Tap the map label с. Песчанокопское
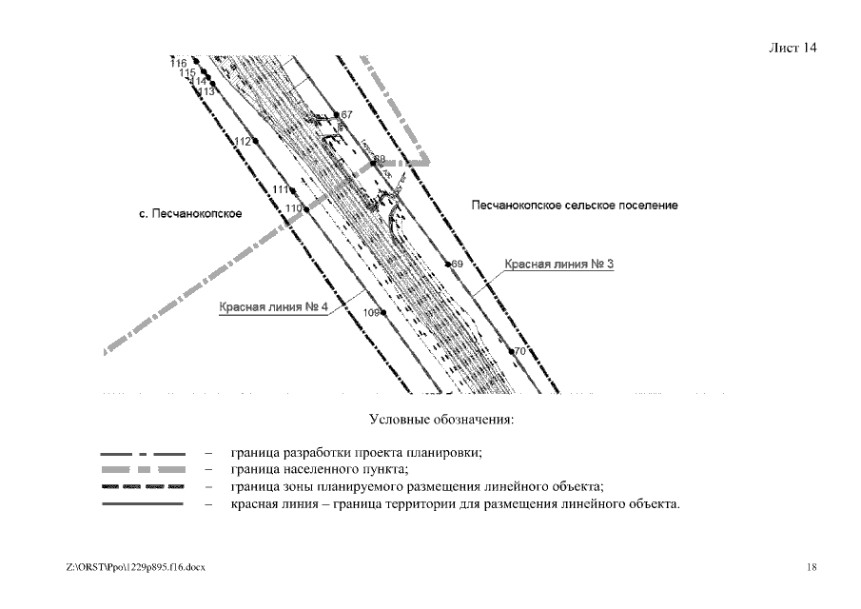tap(190, 214)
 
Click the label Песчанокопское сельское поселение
tap(575, 206)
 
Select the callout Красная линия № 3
tap(558, 264)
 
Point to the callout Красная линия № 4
tap(273, 307)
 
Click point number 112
tap(254, 142)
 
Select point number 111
tap(292, 190)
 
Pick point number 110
tap(305, 207)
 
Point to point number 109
tap(383, 312)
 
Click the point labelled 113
tap(213, 85)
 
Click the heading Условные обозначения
tap(428, 419)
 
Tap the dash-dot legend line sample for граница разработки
tap(143, 453)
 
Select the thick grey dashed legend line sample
tap(143, 470)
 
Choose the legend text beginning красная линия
tap(455, 504)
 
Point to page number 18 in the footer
tap(811, 567)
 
